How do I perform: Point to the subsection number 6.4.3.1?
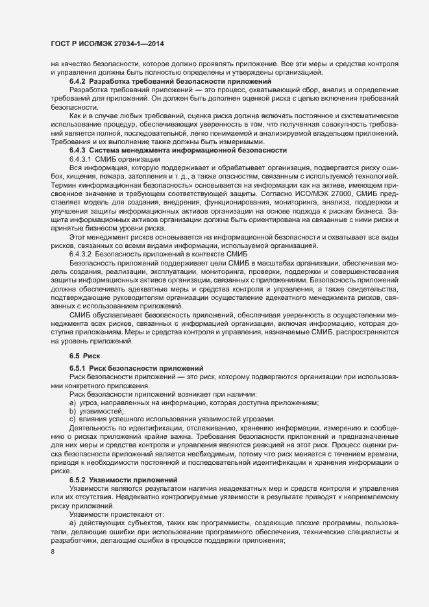pos(81,158)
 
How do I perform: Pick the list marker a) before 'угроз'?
pos(73,403)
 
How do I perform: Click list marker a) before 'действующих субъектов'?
pos(73,523)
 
